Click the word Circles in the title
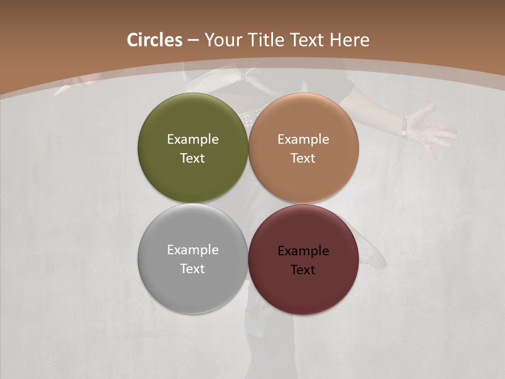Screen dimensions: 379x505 (x=155, y=40)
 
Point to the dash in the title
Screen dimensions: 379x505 (x=193, y=41)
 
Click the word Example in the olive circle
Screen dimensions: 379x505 (x=193, y=139)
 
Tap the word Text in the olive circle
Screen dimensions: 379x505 (x=193, y=158)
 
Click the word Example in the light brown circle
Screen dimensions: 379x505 (x=304, y=139)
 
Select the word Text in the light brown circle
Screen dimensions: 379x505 (x=304, y=158)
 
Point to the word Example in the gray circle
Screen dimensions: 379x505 (x=193, y=250)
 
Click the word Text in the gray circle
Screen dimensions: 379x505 (x=193, y=269)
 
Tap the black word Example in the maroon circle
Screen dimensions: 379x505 (x=304, y=251)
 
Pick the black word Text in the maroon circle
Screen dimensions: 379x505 (x=304, y=270)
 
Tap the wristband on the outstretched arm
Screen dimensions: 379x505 (x=404, y=126)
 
